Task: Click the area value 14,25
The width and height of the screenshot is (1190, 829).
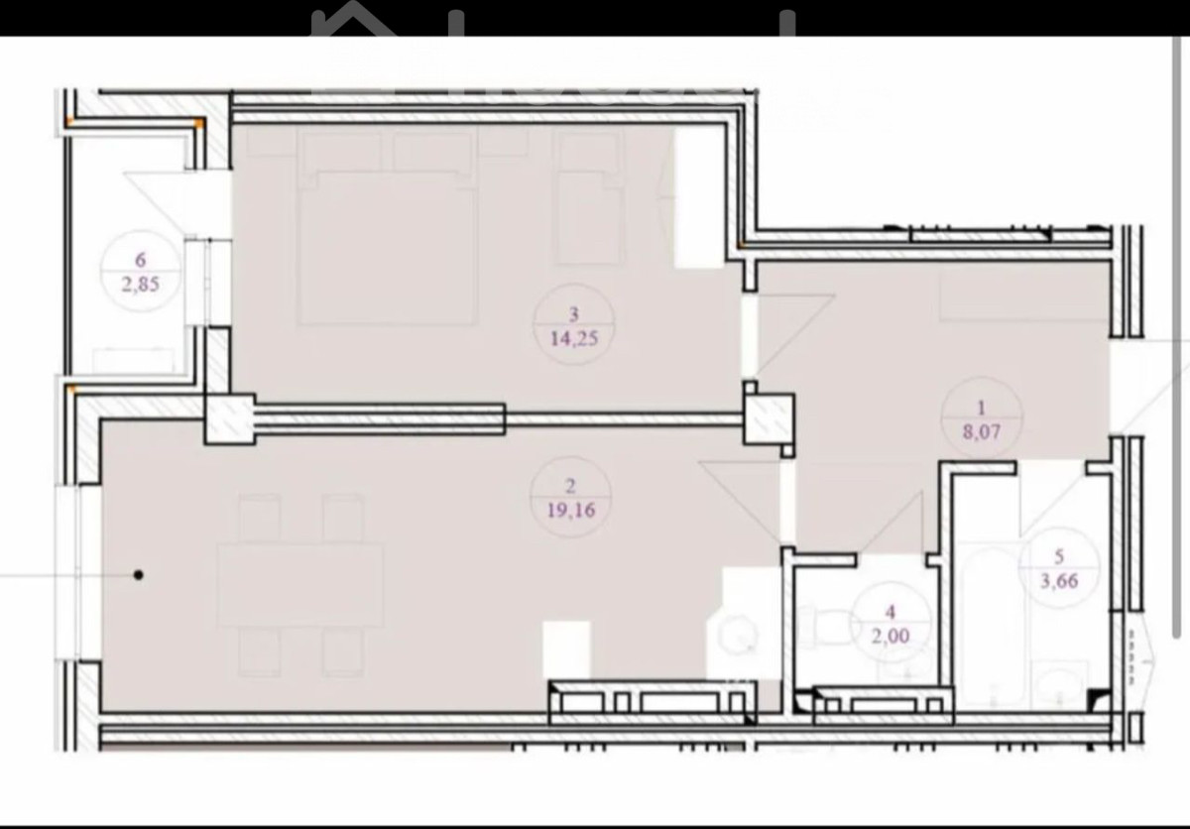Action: click(574, 338)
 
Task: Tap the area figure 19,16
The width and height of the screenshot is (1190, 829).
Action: click(571, 510)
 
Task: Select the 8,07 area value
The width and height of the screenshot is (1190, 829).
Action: click(981, 431)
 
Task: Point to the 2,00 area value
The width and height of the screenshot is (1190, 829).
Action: click(891, 636)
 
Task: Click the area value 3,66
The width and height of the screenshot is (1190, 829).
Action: click(1059, 580)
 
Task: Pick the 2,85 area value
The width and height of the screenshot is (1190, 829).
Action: click(140, 285)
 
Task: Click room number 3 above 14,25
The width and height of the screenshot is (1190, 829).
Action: click(574, 314)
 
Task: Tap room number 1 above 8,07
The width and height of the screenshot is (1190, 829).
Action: click(981, 408)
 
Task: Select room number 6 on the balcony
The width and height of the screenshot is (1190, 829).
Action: click(140, 260)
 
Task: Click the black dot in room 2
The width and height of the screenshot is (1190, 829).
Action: click(139, 574)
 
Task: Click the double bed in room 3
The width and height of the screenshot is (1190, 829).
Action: click(386, 227)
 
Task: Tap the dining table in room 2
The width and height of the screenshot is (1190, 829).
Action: click(300, 585)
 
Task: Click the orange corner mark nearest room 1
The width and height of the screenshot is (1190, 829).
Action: click(741, 245)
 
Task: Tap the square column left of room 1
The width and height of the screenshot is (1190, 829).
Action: click(769, 419)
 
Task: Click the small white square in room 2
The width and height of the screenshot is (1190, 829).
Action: click(566, 651)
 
